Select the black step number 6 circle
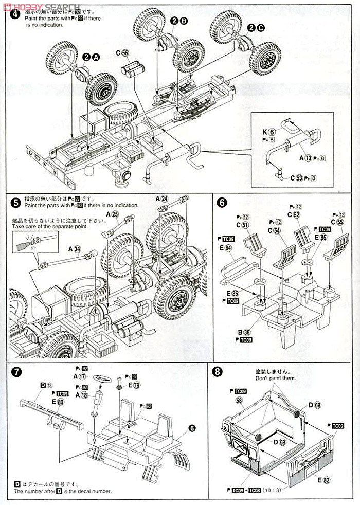click(222, 202)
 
